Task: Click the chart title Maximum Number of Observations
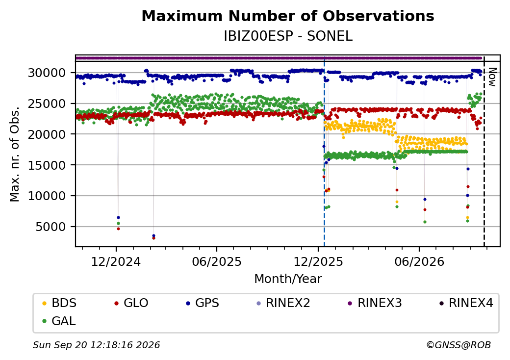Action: point(288,16)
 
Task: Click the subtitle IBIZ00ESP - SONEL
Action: point(288,36)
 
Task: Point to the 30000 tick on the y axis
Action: point(47,73)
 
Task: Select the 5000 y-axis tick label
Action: point(51,227)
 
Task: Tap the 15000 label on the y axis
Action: point(47,165)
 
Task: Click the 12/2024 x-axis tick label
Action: point(116,262)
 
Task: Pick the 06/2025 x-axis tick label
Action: point(217,262)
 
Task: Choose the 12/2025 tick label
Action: point(318,262)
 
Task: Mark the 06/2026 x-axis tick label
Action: point(419,262)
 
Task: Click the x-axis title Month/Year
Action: point(288,279)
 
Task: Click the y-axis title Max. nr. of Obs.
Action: point(15,154)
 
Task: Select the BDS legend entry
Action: point(59,303)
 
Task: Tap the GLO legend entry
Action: point(131,303)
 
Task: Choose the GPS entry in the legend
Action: point(203,303)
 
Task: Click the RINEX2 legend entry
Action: point(283,303)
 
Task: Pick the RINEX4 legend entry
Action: point(466,303)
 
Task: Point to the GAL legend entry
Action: point(59,321)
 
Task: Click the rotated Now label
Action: point(493,77)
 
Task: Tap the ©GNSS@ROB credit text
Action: point(459,345)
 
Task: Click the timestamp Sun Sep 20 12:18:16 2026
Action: point(97,345)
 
